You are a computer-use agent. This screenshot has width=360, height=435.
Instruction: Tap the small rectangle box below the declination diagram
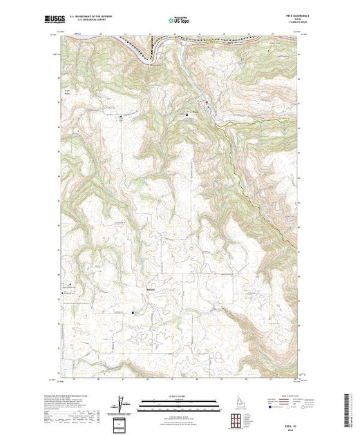[122, 423]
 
